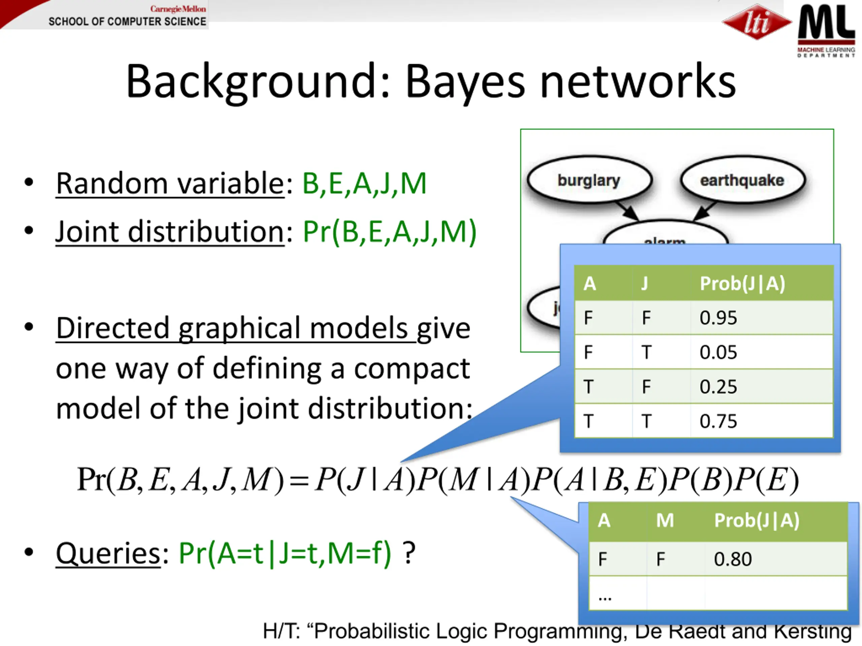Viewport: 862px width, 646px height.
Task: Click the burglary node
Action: [x=589, y=180]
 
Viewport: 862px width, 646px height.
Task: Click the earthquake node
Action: [x=742, y=180]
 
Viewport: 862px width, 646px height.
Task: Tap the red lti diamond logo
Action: [x=756, y=22]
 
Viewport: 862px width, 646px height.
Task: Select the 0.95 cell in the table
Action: [x=718, y=318]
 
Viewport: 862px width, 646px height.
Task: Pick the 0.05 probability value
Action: [x=718, y=352]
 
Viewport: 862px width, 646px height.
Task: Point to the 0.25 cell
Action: [x=718, y=387]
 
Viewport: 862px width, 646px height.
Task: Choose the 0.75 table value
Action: [x=718, y=421]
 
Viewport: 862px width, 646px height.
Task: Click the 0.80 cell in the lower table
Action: [x=733, y=559]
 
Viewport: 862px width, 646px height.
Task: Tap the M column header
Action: [x=665, y=520]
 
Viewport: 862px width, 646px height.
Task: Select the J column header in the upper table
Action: [x=645, y=284]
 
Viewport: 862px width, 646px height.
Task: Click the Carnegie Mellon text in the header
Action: [x=178, y=8]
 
